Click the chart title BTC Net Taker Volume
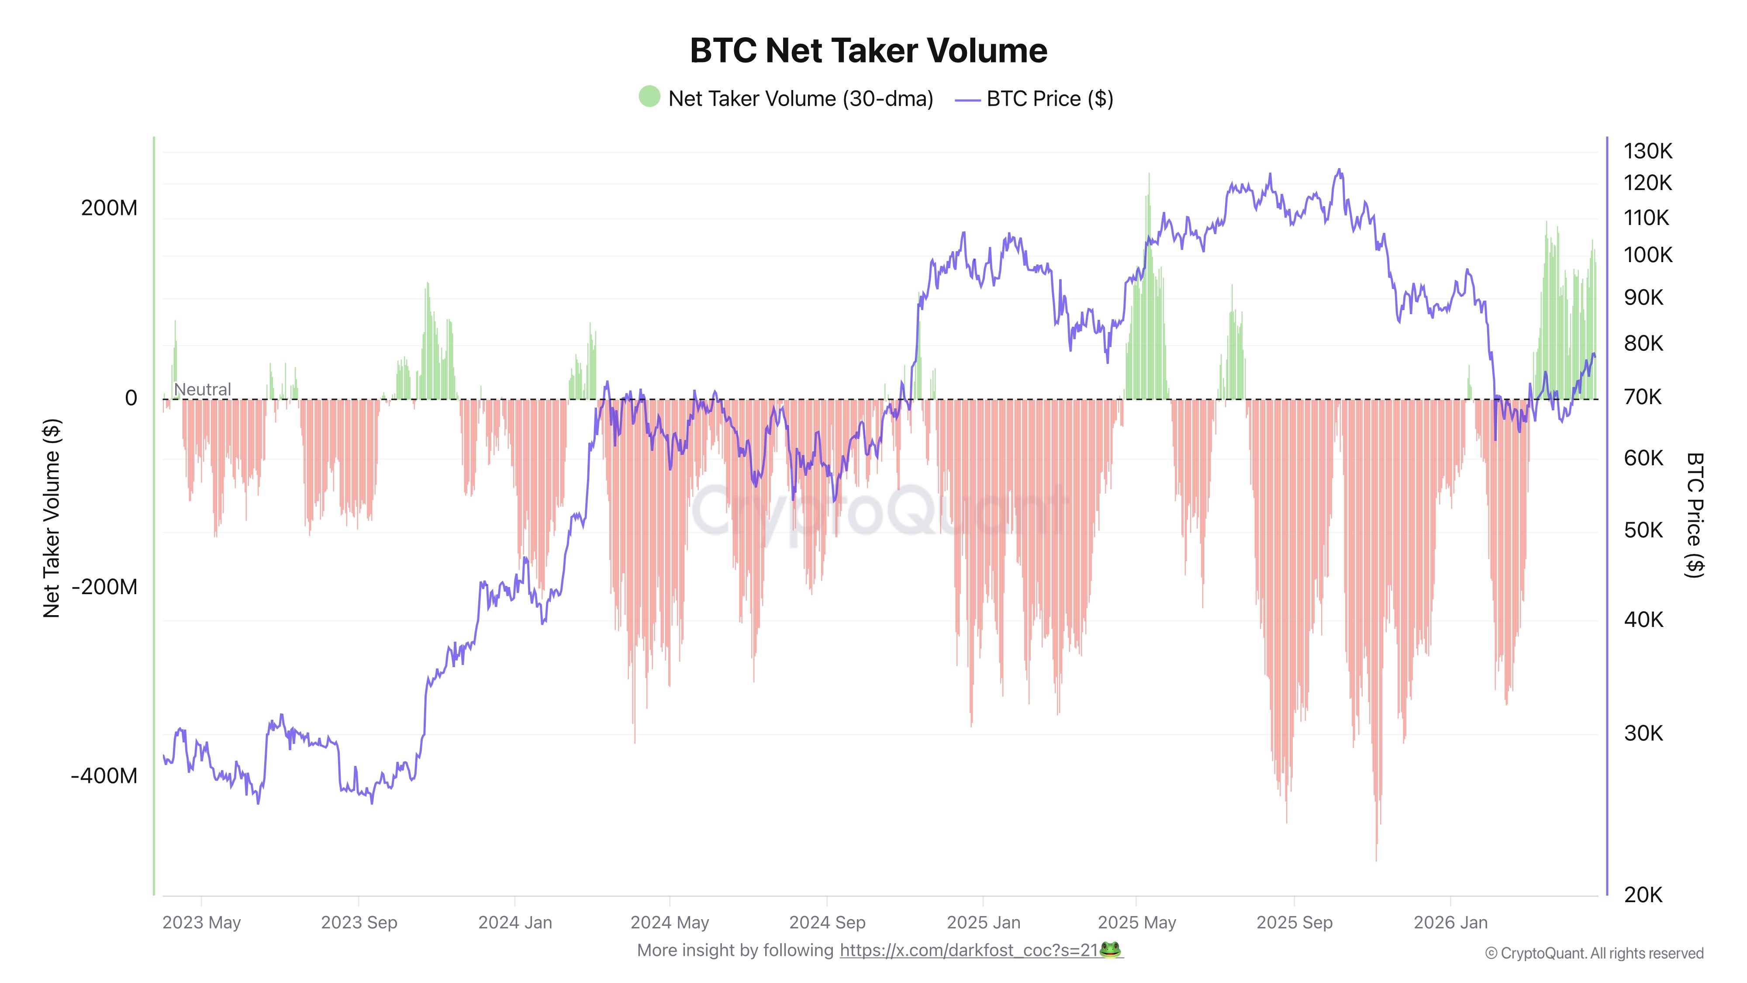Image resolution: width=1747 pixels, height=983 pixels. pos(868,51)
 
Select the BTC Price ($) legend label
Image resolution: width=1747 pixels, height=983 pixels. pos(1049,99)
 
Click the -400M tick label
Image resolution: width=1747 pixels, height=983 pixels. pos(104,775)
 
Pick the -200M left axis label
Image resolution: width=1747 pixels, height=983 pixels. pos(104,587)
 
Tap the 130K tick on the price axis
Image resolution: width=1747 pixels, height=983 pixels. pos(1647,151)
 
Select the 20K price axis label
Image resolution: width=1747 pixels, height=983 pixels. pos(1643,895)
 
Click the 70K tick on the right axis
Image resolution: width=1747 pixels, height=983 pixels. pos(1643,397)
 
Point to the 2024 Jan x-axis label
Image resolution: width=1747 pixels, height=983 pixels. pos(515,923)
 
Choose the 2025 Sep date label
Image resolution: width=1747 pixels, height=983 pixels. pos(1294,923)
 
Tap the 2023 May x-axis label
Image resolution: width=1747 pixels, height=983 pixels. pos(201,923)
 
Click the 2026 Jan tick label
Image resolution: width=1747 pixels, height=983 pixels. pos(1450,923)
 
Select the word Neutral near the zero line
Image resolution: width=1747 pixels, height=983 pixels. pos(202,389)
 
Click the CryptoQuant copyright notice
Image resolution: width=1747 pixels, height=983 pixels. pos(1594,953)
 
